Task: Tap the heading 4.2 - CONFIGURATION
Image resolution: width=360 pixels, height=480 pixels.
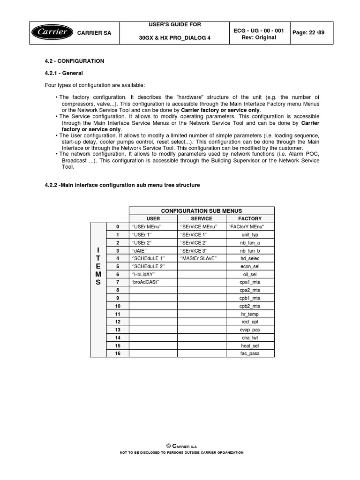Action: point(75,61)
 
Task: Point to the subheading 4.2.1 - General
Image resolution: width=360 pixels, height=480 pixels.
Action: point(63,73)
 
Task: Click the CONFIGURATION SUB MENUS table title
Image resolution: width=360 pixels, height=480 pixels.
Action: point(201,210)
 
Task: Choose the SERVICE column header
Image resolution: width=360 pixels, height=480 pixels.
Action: point(202,218)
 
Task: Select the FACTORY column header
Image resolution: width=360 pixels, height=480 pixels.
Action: point(250,218)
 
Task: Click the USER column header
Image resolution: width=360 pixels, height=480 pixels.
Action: point(153,218)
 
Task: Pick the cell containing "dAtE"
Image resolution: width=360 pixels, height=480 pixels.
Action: point(141,250)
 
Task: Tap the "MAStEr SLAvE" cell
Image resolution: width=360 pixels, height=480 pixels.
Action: point(198,258)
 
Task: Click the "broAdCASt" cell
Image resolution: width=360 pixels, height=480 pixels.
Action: point(146,282)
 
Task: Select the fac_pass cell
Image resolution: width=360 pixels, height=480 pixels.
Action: point(250,353)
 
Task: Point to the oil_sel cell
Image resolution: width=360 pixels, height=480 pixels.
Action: point(250,274)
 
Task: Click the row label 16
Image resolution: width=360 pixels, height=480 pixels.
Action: point(118,353)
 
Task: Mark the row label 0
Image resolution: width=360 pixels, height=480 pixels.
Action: point(118,226)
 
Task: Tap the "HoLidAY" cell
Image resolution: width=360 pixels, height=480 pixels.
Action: point(143,274)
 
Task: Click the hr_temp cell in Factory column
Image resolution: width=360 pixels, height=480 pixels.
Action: point(250,314)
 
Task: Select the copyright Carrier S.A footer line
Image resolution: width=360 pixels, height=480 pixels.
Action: point(180,445)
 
